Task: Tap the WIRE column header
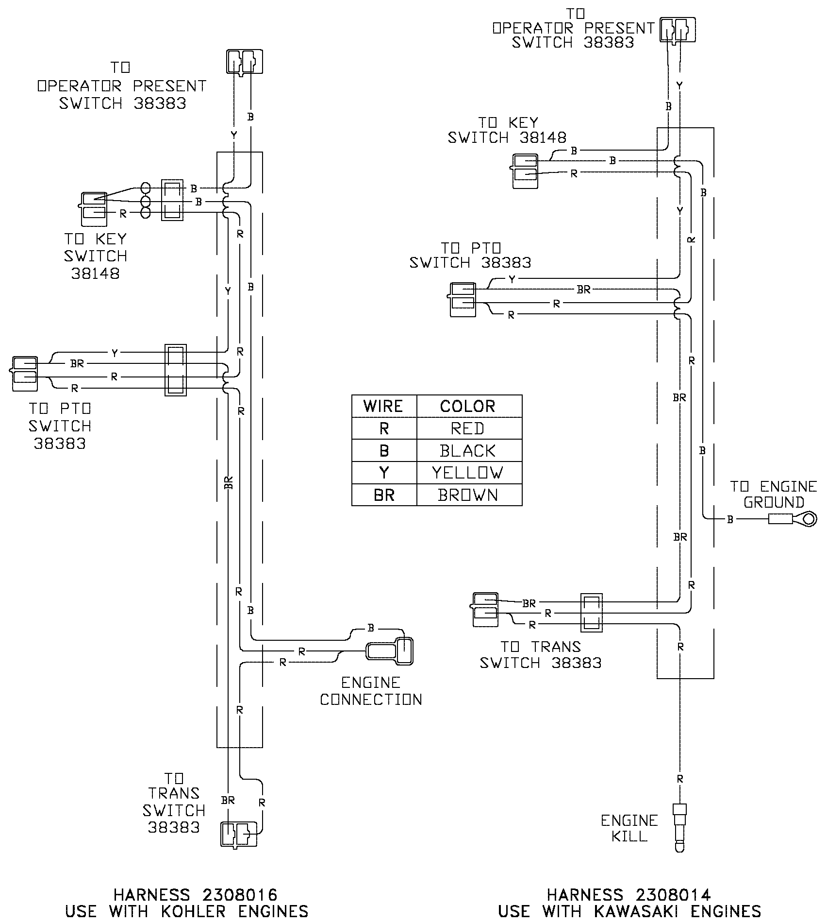(x=384, y=406)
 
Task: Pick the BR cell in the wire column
(x=384, y=495)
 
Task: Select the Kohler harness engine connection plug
(x=390, y=650)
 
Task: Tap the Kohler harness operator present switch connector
(x=245, y=62)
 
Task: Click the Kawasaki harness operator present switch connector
(x=678, y=30)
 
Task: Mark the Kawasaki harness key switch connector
(x=525, y=171)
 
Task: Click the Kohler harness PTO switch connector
(x=24, y=374)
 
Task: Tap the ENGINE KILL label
(x=629, y=828)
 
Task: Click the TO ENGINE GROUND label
(x=774, y=494)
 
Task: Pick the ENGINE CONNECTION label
(x=371, y=691)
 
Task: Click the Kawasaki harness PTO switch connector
(x=463, y=300)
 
